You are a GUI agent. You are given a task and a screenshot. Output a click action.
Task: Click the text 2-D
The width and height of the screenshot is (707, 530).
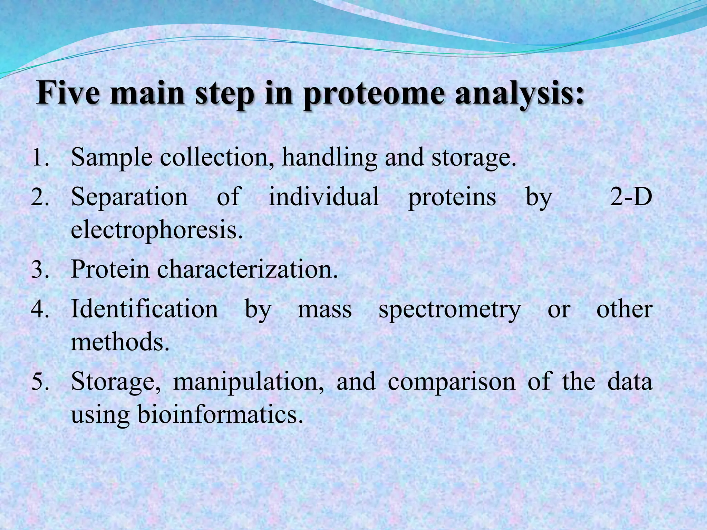pyautogui.click(x=631, y=197)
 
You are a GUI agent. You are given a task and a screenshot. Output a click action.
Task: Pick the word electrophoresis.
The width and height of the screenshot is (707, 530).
pyautogui.click(x=157, y=230)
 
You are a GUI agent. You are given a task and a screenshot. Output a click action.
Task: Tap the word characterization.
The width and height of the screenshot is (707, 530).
pyautogui.click(x=247, y=269)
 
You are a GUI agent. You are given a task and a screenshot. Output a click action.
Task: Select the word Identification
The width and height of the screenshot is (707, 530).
pyautogui.click(x=144, y=309)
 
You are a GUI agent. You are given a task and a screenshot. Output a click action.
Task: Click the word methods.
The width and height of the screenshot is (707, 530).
pyautogui.click(x=120, y=342)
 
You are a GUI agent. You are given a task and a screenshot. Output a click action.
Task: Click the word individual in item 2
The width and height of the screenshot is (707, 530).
pyautogui.click(x=324, y=197)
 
